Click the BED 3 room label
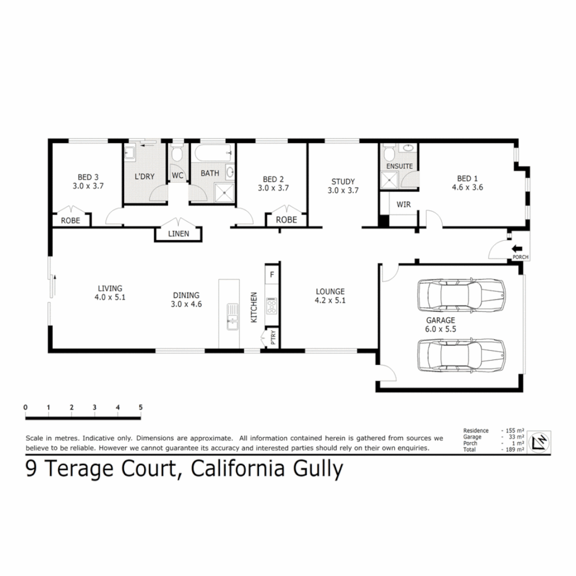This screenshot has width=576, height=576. click(x=88, y=177)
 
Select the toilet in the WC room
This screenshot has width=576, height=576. click(x=177, y=155)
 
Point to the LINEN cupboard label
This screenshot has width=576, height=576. click(x=179, y=234)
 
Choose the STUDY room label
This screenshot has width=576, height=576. click(x=342, y=181)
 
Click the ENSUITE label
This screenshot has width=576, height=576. click(x=399, y=166)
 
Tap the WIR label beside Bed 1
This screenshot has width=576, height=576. click(x=403, y=204)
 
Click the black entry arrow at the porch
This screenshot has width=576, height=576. click(x=516, y=249)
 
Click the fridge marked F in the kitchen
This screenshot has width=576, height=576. click(x=272, y=275)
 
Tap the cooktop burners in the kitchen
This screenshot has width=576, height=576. click(x=272, y=306)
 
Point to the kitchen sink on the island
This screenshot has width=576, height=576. click(x=232, y=315)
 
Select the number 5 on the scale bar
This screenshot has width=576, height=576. click(x=141, y=407)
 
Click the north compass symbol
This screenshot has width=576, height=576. click(x=539, y=442)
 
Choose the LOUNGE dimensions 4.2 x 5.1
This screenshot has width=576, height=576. click(x=330, y=301)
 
